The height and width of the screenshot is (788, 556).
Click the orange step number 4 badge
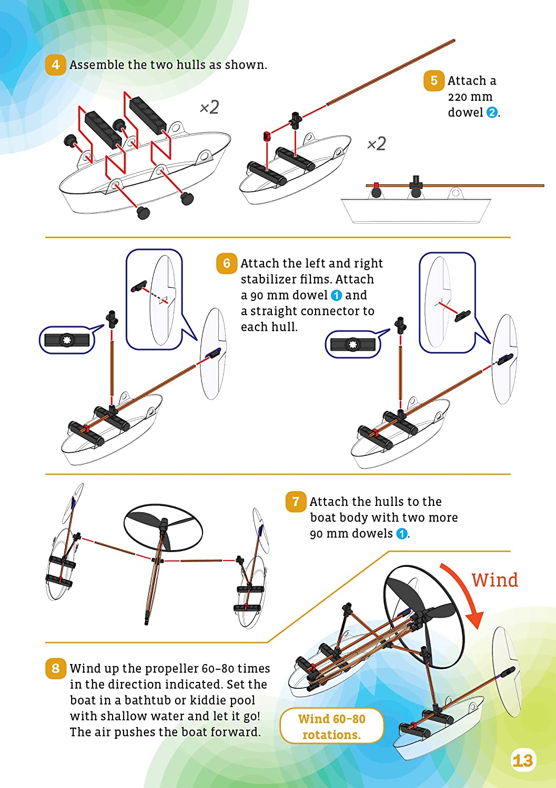point(55,65)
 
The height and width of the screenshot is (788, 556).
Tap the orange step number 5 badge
point(433,80)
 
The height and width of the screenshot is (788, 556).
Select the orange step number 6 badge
point(226,263)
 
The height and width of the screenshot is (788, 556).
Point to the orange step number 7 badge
point(296,502)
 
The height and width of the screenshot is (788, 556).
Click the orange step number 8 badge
point(55,668)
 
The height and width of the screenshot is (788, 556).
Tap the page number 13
point(522,760)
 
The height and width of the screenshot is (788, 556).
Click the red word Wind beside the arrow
point(494,580)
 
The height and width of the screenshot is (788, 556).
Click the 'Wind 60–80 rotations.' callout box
point(331,726)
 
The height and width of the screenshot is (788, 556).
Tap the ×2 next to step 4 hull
point(209,108)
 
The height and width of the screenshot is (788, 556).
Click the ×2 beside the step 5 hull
point(377,143)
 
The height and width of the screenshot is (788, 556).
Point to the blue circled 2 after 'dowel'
point(492,112)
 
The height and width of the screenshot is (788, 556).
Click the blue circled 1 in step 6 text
point(336,296)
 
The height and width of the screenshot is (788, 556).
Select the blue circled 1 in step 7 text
point(401,534)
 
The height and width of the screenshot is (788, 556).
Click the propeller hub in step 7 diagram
point(164,524)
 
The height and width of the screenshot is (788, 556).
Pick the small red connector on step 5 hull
point(267,137)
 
